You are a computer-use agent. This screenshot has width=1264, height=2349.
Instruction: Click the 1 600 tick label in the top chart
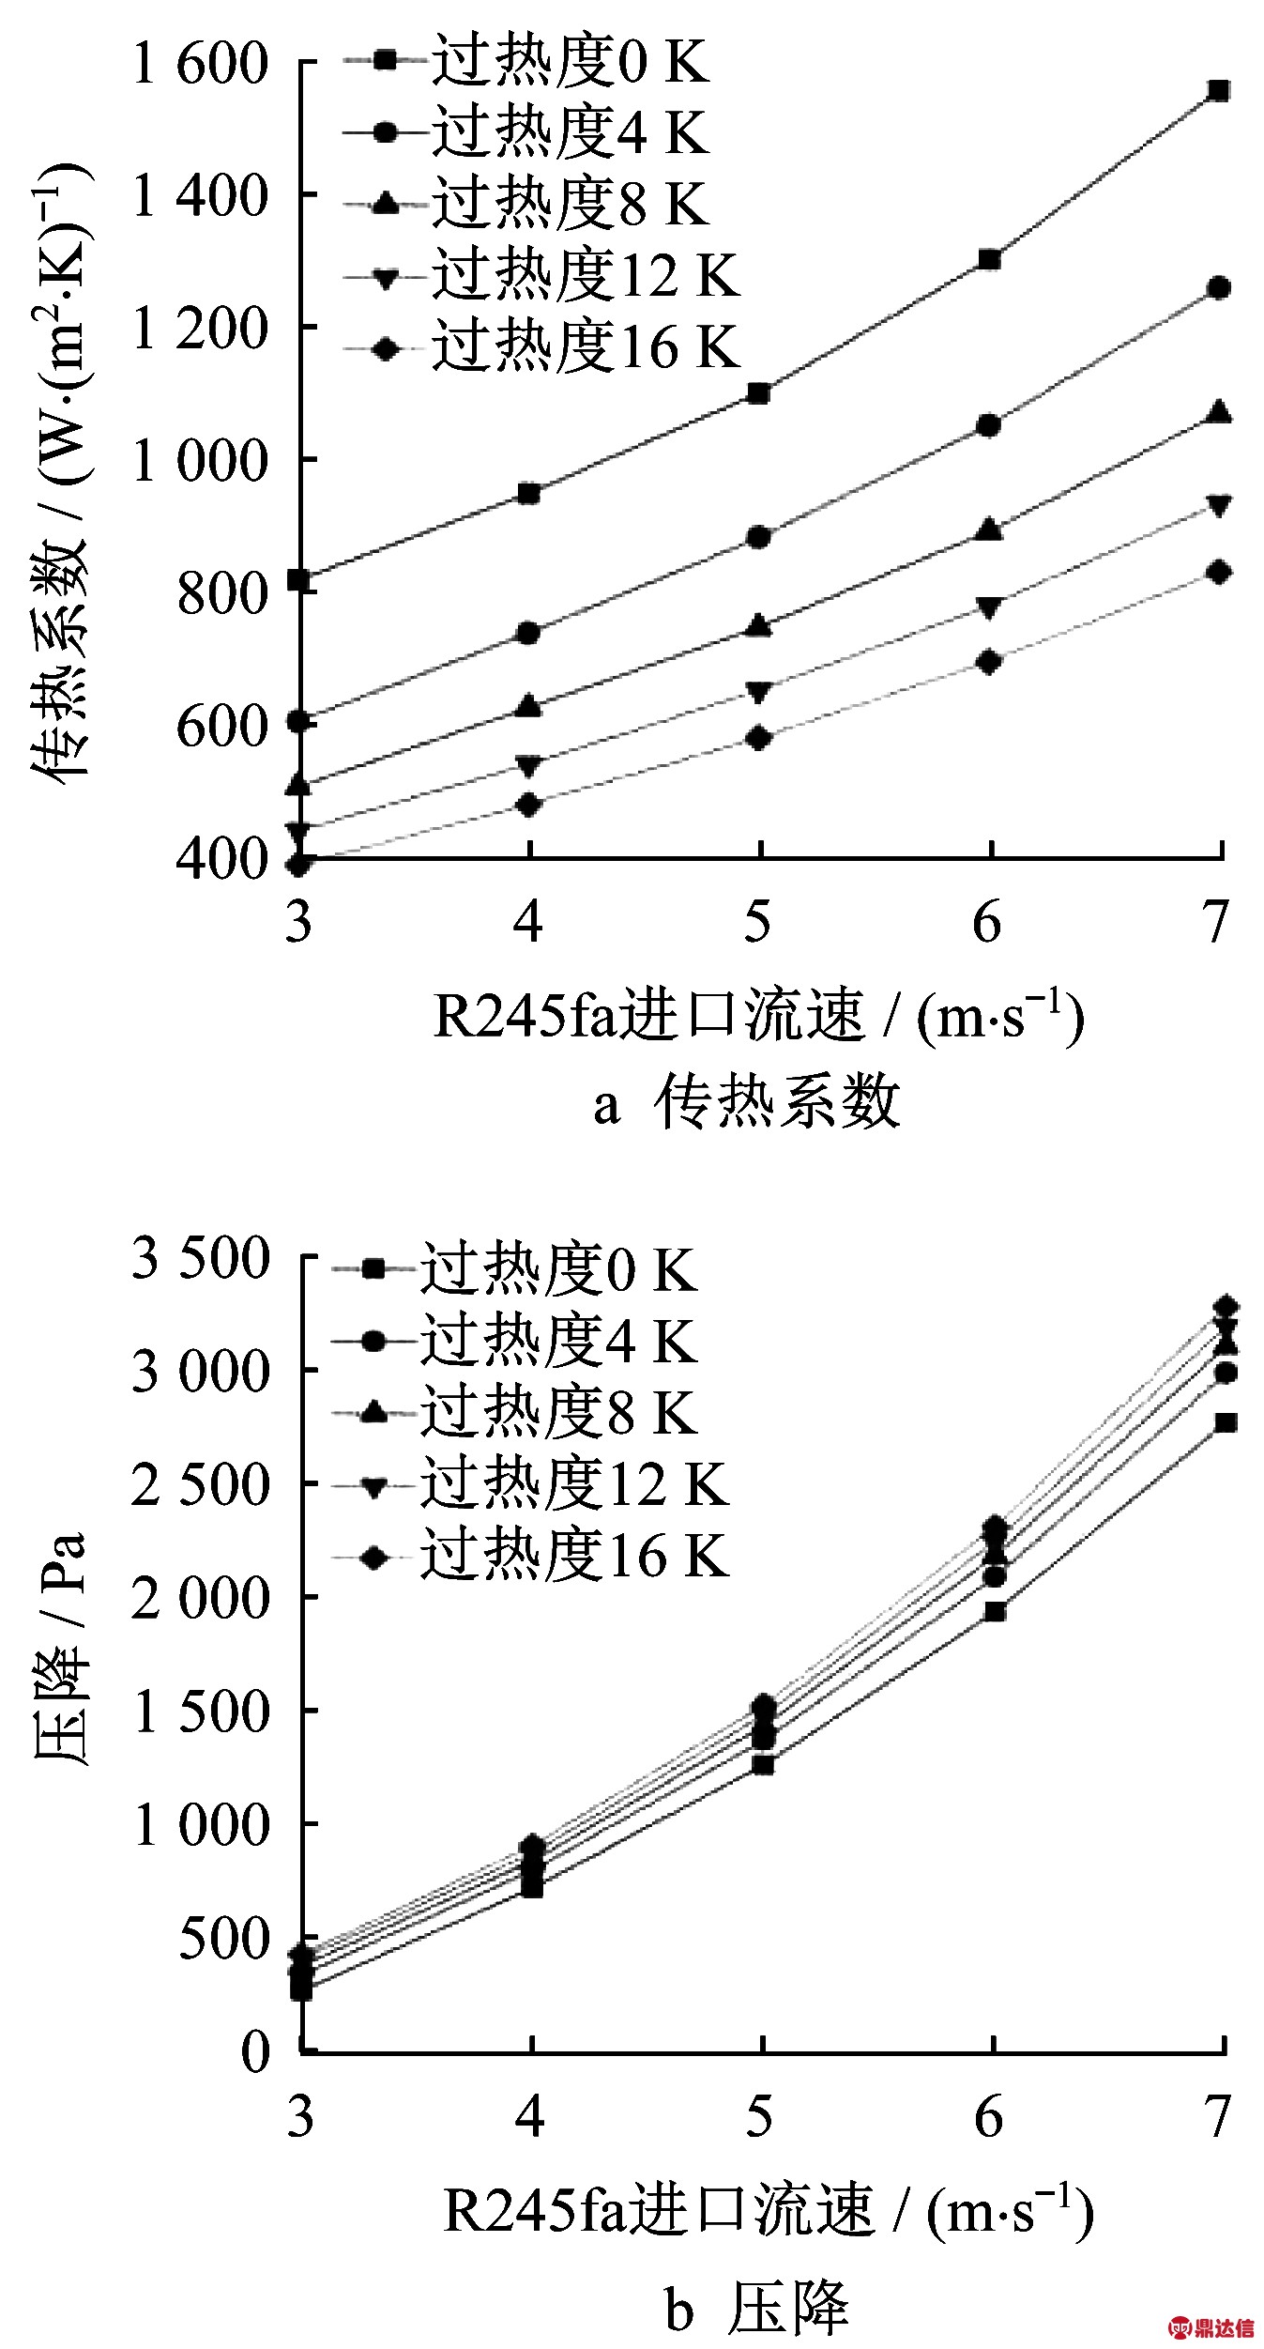[x=200, y=64]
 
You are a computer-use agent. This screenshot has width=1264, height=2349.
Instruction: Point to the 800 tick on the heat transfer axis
[x=222, y=593]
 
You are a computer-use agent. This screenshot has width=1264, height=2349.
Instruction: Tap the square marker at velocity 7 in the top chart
[x=1219, y=91]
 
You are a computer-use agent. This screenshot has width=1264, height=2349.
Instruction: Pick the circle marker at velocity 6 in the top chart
[x=989, y=425]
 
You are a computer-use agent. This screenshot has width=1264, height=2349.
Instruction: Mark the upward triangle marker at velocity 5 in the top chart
[x=760, y=626]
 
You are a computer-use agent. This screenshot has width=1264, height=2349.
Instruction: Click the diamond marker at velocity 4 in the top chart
[x=529, y=805]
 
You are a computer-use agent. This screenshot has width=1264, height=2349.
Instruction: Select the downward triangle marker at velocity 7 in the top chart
[x=1219, y=506]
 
